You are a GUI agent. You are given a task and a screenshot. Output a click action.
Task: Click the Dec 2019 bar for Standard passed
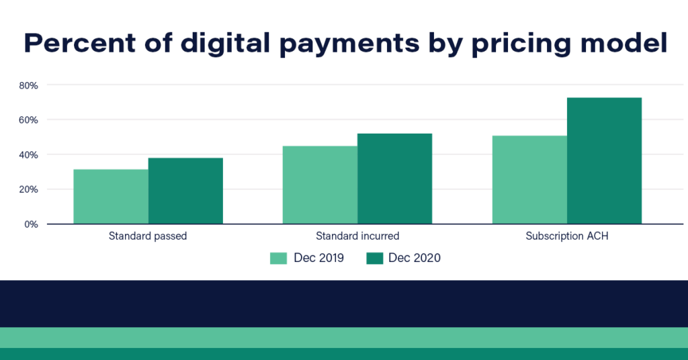pyautogui.click(x=111, y=196)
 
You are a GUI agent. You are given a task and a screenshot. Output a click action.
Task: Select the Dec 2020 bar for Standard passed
pyautogui.click(x=185, y=191)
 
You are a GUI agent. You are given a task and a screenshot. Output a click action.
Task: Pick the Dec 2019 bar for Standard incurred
pyautogui.click(x=320, y=185)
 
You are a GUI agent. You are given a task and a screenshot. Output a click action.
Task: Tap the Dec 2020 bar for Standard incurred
pyautogui.click(x=394, y=179)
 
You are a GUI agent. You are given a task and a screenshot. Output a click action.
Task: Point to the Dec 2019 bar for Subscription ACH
pyautogui.click(x=529, y=179)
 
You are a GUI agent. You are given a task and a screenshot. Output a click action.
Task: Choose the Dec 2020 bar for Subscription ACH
pyautogui.click(x=604, y=161)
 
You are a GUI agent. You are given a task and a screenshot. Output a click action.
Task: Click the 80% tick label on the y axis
pyautogui.click(x=28, y=85)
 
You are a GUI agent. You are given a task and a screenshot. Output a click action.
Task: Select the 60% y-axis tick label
pyautogui.click(x=28, y=120)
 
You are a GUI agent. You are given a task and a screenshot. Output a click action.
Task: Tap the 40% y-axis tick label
pyautogui.click(x=28, y=154)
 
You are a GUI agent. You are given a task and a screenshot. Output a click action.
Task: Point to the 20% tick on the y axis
pyautogui.click(x=28, y=189)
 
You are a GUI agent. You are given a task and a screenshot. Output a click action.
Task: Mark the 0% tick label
pyautogui.click(x=31, y=224)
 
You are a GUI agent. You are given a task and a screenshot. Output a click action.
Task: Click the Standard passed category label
pyautogui.click(x=148, y=236)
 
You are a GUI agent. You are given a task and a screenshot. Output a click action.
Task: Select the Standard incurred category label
pyautogui.click(x=357, y=236)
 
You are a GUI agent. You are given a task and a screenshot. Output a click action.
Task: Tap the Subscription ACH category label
pyautogui.click(x=566, y=236)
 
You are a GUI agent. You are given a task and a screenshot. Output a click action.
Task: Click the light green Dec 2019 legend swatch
pyautogui.click(x=278, y=258)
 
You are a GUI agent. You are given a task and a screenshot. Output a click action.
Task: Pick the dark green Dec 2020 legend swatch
pyautogui.click(x=374, y=258)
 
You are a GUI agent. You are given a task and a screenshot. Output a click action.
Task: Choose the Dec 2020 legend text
pyautogui.click(x=415, y=258)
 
